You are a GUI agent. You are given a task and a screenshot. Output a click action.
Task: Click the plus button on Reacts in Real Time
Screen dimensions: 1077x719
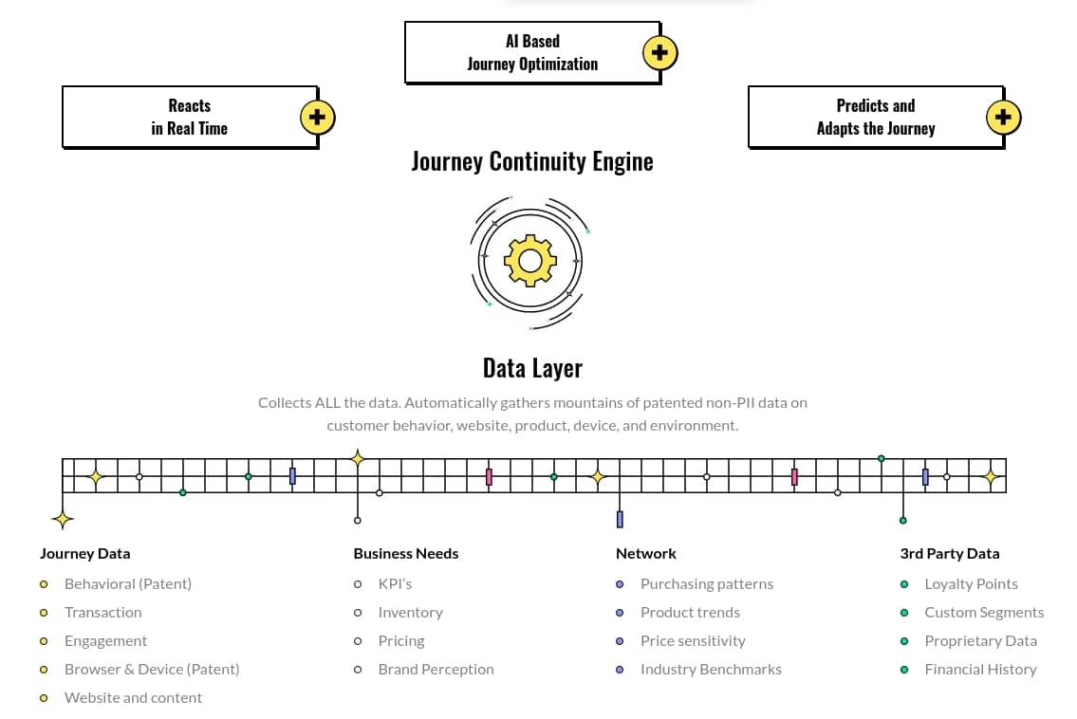pos(317,118)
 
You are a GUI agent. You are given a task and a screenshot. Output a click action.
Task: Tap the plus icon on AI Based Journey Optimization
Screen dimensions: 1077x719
pos(660,53)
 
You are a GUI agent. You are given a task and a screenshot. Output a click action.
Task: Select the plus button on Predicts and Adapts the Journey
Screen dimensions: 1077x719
pos(1004,118)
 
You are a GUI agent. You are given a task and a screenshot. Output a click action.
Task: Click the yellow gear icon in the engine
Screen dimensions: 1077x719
pos(530,261)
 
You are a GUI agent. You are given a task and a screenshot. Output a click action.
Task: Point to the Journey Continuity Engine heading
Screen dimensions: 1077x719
pos(532,162)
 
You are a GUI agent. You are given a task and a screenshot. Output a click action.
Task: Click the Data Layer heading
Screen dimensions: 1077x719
pos(532,368)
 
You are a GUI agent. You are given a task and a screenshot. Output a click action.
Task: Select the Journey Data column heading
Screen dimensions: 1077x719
pos(85,554)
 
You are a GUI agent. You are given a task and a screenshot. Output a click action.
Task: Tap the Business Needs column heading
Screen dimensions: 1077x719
pos(406,554)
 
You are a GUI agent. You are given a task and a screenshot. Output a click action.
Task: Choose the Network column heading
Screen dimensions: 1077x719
pos(645,554)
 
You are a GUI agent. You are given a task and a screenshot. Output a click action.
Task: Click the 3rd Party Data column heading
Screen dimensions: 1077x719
pos(950,554)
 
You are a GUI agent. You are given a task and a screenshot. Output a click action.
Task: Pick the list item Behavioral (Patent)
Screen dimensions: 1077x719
pos(128,583)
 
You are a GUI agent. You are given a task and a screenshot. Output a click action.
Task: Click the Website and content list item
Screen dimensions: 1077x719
pos(133,698)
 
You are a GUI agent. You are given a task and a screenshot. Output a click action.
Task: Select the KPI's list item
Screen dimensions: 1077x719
pos(395,583)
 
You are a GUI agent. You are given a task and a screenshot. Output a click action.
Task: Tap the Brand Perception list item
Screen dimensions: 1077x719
pos(436,670)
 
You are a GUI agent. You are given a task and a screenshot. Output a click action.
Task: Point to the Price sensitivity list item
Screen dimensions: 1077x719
pos(693,640)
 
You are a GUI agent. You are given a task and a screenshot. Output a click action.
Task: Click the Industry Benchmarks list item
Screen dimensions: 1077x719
pos(711,670)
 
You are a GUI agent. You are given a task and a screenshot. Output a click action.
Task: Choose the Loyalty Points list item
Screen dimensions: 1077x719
pos(972,583)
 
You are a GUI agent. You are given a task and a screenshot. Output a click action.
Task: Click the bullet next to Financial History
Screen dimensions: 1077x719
pos(904,670)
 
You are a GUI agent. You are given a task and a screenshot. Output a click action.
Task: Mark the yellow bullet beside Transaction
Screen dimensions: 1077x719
pos(44,613)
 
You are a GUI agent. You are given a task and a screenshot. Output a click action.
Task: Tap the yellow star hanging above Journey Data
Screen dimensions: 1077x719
pos(63,520)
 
